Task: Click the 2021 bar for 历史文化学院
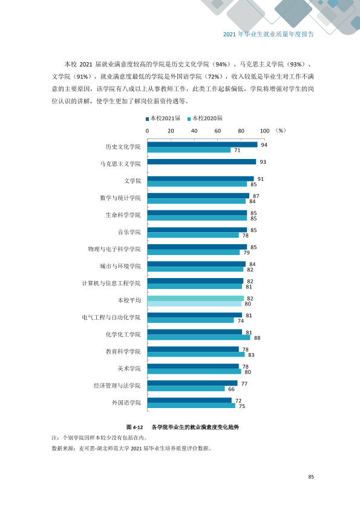[x=203, y=144]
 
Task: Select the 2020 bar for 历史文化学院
[x=189, y=150]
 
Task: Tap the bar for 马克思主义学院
[x=201, y=161]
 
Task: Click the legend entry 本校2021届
[x=163, y=118]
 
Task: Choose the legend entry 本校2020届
[x=205, y=118]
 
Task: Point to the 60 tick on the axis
[x=218, y=131]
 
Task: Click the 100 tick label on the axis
[x=264, y=131]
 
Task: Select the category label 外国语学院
[x=126, y=403]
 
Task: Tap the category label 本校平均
[x=129, y=300]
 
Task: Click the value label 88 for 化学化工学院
[x=257, y=338]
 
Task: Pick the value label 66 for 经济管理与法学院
[x=231, y=389]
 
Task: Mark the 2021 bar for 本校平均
[x=195, y=298]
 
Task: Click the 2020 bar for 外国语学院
[x=191, y=406]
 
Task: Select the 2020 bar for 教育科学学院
[x=196, y=354]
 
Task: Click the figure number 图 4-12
[x=134, y=427]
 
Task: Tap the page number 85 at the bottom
[x=311, y=477]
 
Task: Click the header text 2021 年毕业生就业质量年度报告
[x=269, y=34]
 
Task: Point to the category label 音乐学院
[x=129, y=232]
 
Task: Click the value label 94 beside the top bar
[x=264, y=145]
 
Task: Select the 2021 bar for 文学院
[x=200, y=179]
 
